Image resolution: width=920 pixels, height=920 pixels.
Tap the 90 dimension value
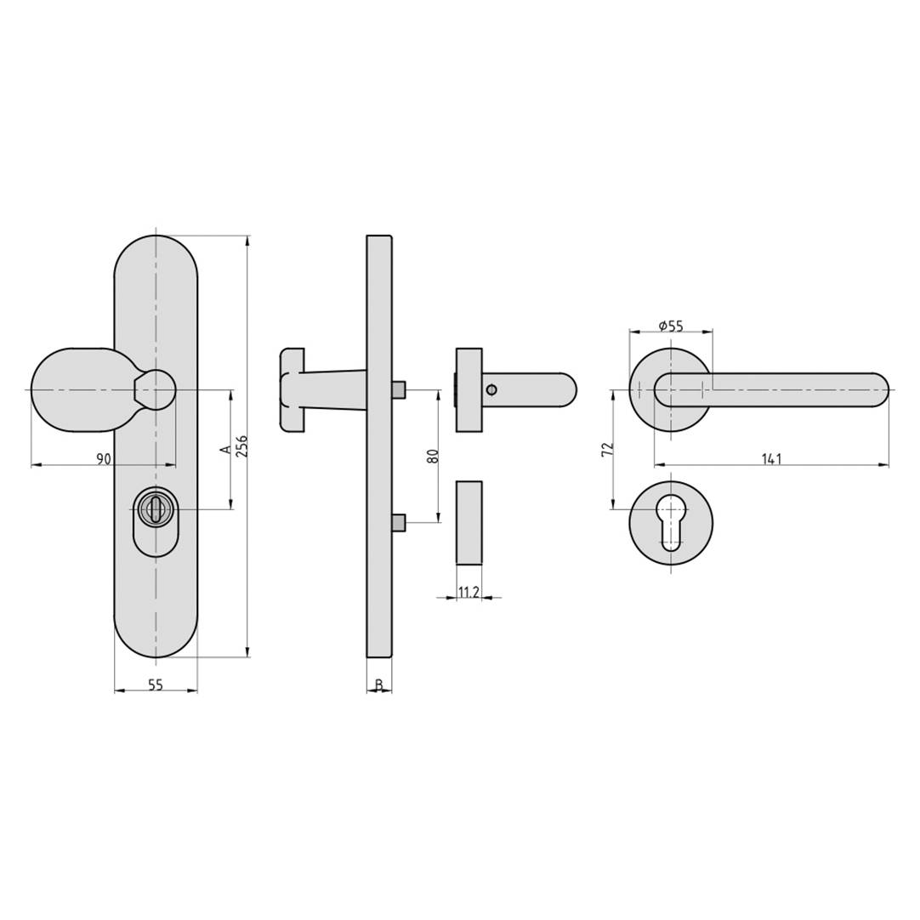pos(103,459)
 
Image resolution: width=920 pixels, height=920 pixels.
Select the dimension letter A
pos(225,449)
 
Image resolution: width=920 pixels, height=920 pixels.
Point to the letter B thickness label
pos(379,685)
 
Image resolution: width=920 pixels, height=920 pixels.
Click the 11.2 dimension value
pos(469,592)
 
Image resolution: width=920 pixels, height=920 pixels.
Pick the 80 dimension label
pos(433,456)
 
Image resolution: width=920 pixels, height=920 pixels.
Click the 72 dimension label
pos(607,450)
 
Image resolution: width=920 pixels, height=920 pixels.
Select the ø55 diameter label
pos(671,326)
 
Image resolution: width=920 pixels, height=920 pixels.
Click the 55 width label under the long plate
pos(156,684)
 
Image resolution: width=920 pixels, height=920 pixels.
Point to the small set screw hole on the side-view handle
pos(491,390)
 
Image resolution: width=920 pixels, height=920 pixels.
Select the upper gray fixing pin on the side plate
pos(399,389)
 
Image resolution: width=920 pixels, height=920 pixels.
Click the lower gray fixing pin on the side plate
pos(399,523)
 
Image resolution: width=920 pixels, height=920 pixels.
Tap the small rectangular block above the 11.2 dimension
pos(469,522)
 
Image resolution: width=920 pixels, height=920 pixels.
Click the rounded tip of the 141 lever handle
pos(876,390)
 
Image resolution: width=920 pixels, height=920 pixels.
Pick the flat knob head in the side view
pos(292,389)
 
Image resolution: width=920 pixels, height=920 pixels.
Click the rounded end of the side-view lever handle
pos(565,390)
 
